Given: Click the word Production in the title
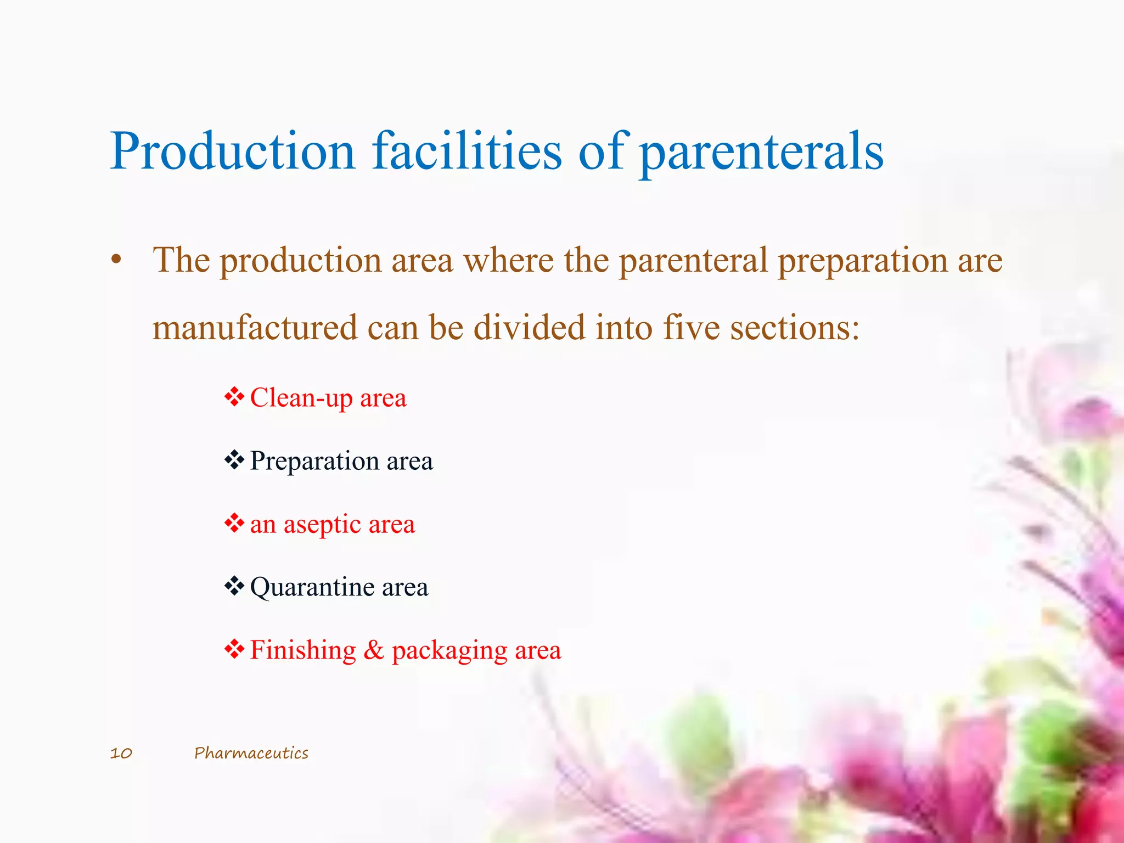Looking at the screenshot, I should (x=233, y=151).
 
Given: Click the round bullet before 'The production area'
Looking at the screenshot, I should (x=115, y=261).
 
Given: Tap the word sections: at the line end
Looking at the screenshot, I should (x=794, y=328).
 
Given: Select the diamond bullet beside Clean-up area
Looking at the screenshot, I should (x=234, y=396).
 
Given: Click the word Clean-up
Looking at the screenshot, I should (x=300, y=398).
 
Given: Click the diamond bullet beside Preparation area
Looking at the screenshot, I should (x=234, y=459).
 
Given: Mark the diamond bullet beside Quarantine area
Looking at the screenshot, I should (x=234, y=586).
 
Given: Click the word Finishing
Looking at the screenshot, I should (x=303, y=650).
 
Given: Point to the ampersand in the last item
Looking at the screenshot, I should (x=373, y=650).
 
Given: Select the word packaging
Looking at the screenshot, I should (x=449, y=651).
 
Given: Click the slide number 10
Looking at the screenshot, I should (x=121, y=753).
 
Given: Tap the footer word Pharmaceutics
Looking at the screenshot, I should (x=251, y=753).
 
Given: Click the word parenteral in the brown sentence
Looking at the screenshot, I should (x=693, y=261).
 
